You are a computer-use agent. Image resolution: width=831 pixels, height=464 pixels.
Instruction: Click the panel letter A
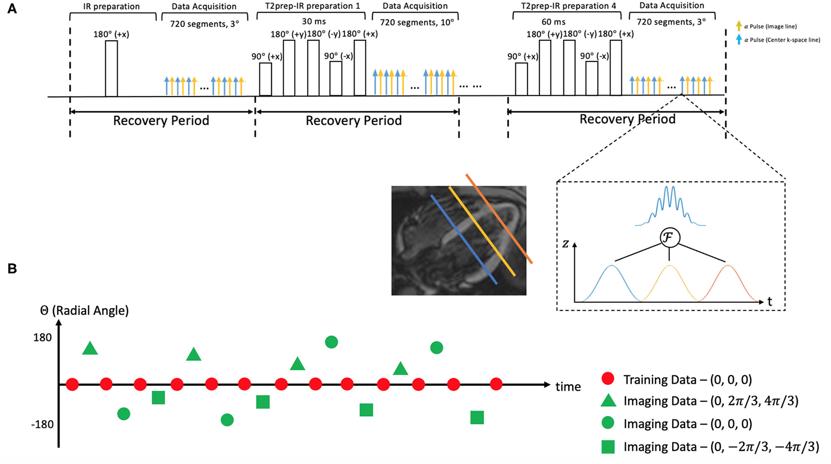12,8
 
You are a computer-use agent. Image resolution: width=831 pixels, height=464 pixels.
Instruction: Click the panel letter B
12,269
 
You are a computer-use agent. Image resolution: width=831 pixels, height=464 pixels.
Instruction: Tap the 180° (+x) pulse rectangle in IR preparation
111,68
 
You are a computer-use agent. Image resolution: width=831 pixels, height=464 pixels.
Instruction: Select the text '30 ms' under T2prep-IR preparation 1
314,22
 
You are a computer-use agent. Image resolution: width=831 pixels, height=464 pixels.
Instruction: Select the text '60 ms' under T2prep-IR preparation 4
553,22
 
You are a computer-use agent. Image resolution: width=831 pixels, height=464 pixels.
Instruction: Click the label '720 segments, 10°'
416,22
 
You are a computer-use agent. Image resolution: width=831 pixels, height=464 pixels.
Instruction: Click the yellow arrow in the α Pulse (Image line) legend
739,26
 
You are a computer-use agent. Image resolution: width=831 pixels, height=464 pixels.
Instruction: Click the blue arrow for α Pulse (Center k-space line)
739,40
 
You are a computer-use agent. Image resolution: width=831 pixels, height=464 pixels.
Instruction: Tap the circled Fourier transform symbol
669,238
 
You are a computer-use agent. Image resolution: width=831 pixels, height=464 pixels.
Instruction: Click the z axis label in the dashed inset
566,244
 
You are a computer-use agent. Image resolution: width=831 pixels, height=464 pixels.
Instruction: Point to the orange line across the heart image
499,219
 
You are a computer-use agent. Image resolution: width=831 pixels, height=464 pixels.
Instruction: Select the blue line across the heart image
463,239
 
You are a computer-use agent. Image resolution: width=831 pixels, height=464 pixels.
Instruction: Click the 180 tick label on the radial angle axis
42,337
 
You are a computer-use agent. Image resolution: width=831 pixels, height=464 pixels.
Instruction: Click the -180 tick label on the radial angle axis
42,425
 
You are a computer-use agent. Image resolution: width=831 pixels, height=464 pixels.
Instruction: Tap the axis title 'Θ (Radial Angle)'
84,310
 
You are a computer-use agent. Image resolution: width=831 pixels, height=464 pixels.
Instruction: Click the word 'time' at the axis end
568,387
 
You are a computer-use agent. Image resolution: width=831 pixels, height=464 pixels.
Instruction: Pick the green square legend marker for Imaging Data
608,447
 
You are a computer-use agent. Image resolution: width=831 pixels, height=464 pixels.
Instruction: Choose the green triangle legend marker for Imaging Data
608,401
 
